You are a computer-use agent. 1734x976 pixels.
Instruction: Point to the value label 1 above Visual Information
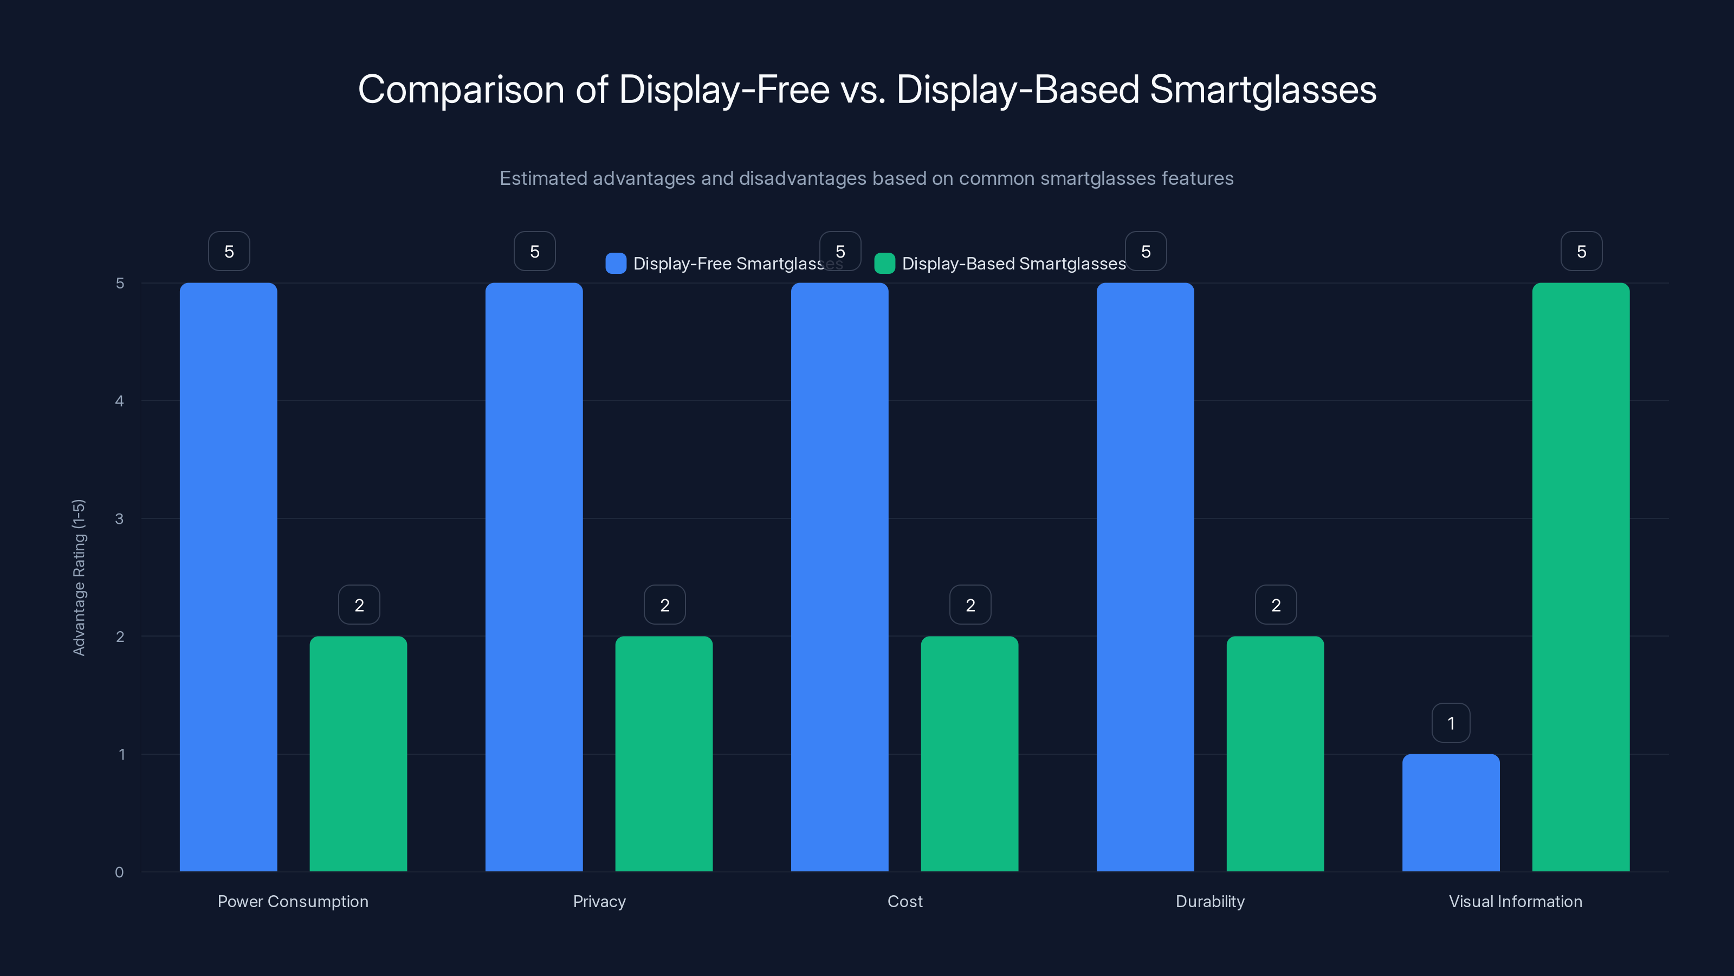(x=1451, y=723)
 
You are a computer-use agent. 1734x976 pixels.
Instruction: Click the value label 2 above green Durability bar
(x=1276, y=605)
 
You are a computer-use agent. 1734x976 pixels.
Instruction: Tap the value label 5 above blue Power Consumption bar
(x=229, y=251)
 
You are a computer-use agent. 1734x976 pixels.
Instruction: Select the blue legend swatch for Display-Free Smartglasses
(x=615, y=264)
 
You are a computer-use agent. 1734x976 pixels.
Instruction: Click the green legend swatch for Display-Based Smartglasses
(x=884, y=264)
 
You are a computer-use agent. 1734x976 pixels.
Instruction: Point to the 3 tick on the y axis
(x=119, y=519)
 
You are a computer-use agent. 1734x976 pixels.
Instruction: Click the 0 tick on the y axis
(x=119, y=872)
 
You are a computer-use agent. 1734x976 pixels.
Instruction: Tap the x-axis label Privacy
(x=599, y=901)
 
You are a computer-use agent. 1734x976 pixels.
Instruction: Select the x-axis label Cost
(x=905, y=901)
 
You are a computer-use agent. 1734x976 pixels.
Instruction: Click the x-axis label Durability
(x=1209, y=901)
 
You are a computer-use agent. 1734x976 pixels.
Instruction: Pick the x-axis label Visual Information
(x=1515, y=901)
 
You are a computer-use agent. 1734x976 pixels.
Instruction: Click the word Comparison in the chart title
(x=461, y=89)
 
